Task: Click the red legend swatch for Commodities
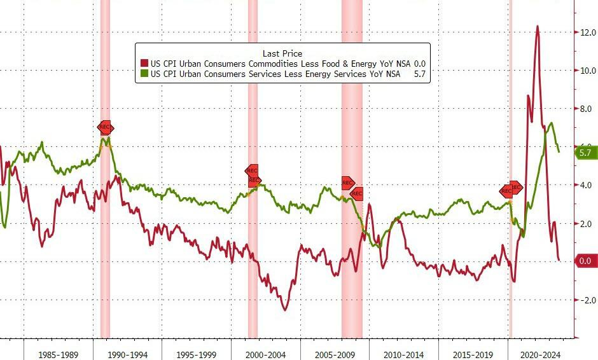pyautogui.click(x=144, y=64)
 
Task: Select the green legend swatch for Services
pyautogui.click(x=144, y=74)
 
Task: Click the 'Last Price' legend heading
pyautogui.click(x=282, y=53)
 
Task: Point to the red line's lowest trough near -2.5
pyautogui.click(x=284, y=309)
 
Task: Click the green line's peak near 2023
pyautogui.click(x=551, y=123)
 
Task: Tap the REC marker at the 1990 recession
pyautogui.click(x=105, y=127)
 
